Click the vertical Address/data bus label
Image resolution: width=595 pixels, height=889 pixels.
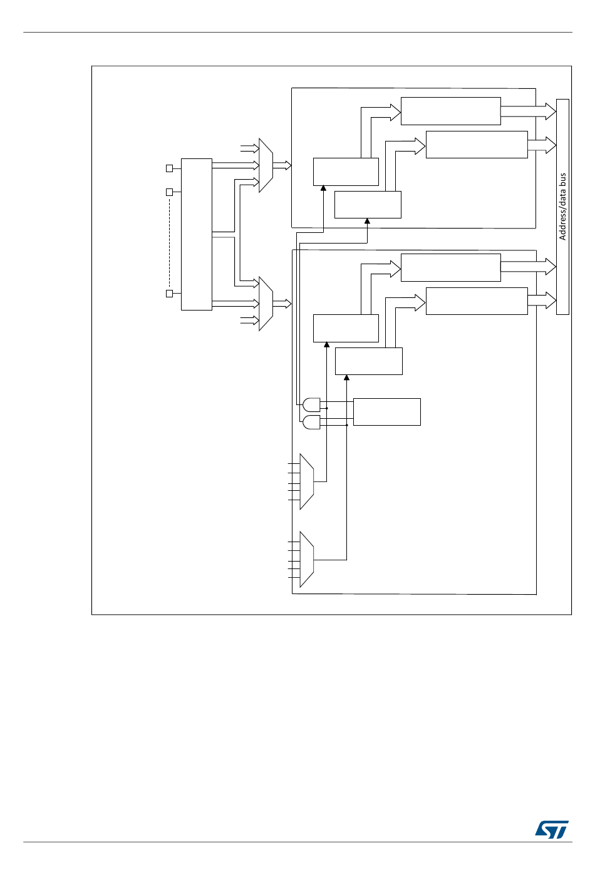click(x=562, y=207)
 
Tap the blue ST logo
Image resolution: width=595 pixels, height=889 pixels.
click(x=552, y=830)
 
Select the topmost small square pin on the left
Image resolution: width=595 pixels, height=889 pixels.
click(x=169, y=168)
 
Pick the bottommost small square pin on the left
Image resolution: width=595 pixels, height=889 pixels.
click(x=169, y=294)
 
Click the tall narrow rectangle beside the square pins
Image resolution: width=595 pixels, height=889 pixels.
click(x=196, y=234)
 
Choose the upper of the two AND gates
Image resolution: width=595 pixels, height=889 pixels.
click(x=311, y=404)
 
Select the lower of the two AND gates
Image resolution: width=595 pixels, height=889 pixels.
click(x=311, y=423)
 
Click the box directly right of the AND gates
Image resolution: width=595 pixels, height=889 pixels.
click(x=386, y=411)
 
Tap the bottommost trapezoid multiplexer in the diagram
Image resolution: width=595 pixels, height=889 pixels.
click(x=306, y=560)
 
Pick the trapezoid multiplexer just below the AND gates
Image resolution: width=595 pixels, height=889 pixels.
click(x=306, y=481)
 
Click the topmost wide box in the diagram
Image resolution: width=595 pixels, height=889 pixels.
click(x=450, y=111)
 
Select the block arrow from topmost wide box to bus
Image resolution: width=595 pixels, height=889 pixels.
click(x=528, y=111)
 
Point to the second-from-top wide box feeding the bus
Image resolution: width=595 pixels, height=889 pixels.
click(x=476, y=145)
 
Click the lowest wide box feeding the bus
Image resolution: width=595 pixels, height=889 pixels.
click(x=476, y=301)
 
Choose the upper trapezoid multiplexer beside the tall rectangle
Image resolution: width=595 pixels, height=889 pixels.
click(x=266, y=165)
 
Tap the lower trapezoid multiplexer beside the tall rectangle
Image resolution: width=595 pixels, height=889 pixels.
click(x=266, y=304)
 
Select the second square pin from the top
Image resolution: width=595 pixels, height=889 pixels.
click(x=169, y=192)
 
